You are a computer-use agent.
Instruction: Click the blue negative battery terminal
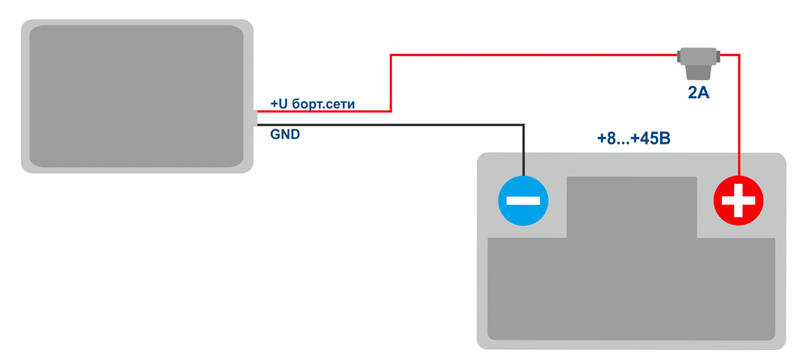(x=523, y=201)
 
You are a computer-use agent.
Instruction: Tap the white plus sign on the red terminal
(x=738, y=200)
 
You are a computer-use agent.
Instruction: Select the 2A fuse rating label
(x=698, y=92)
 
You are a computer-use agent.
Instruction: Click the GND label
(x=285, y=135)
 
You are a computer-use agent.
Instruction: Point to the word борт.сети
(x=324, y=105)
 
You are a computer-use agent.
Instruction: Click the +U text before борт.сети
(x=279, y=104)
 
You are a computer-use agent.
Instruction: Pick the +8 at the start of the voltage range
(x=606, y=138)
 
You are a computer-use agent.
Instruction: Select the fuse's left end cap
(x=679, y=56)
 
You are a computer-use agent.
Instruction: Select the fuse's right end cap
(x=718, y=56)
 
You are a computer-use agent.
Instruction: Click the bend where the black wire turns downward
(x=523, y=125)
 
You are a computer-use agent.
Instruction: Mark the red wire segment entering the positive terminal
(x=739, y=127)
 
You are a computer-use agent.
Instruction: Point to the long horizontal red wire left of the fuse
(x=533, y=55)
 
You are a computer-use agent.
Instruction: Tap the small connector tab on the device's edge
(x=255, y=118)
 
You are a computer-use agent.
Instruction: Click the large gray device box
(x=137, y=96)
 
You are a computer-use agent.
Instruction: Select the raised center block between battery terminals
(x=631, y=206)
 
